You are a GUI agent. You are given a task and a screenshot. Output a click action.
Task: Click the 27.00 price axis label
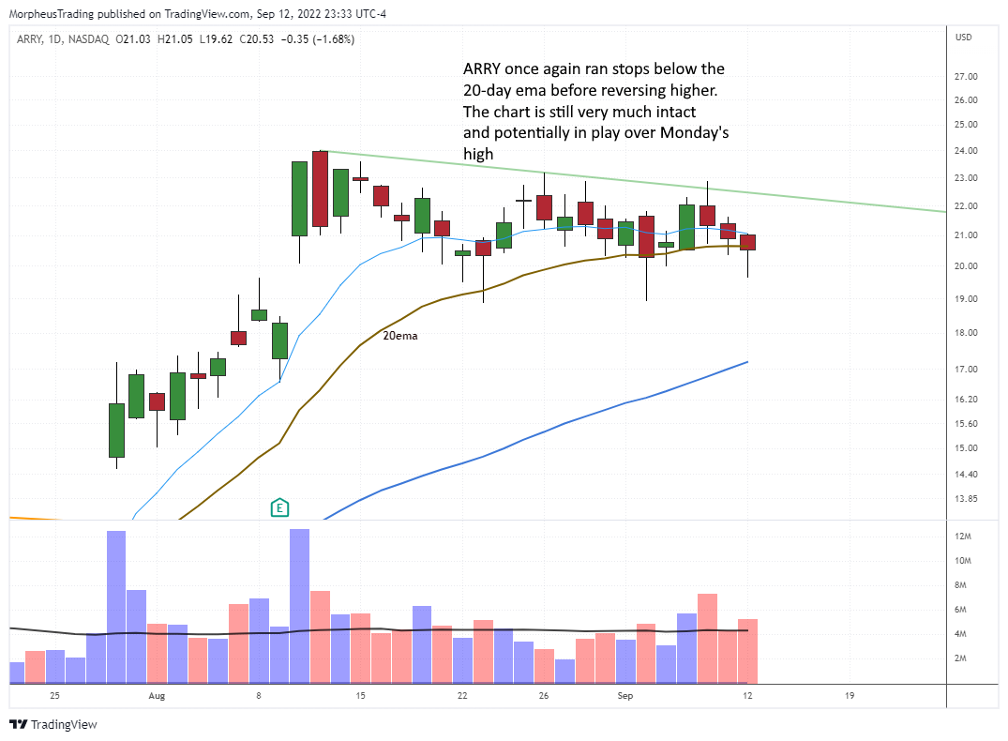(x=967, y=76)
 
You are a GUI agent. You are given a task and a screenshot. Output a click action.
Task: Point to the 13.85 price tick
(x=967, y=498)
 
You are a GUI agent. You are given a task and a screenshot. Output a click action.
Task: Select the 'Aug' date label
(x=157, y=696)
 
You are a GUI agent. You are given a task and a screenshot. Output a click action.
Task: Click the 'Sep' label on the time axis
(x=625, y=696)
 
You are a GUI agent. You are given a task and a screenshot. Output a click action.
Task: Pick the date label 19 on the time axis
(x=849, y=696)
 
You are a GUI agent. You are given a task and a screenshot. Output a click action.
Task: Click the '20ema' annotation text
(x=399, y=335)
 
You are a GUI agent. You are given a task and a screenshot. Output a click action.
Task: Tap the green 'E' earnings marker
(x=278, y=508)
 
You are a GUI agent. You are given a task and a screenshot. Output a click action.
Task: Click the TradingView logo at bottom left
(x=53, y=724)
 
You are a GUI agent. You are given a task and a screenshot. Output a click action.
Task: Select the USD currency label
(x=963, y=38)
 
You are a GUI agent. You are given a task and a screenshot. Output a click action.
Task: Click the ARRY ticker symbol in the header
(x=28, y=39)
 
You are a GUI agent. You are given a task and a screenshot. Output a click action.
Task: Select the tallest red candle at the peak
(x=320, y=189)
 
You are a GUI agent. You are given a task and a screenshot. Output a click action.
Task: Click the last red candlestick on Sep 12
(x=747, y=242)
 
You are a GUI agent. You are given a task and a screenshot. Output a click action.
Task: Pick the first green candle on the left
(x=116, y=430)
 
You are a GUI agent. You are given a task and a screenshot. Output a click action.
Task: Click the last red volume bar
(x=747, y=651)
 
